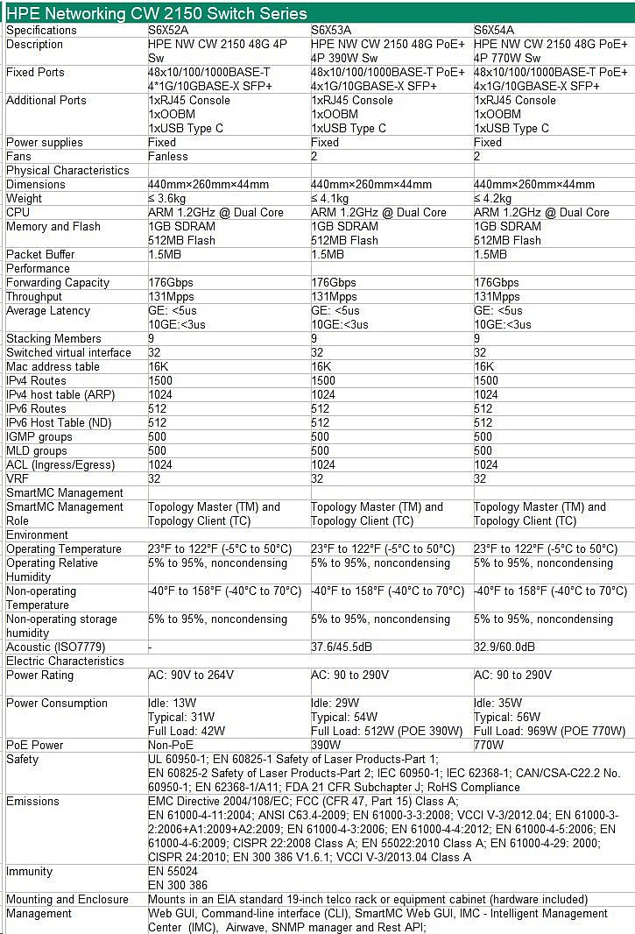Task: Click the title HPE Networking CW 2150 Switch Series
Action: tap(157, 12)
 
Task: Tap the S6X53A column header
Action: tap(335, 30)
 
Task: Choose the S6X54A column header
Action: tap(497, 30)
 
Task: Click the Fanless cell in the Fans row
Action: tap(168, 156)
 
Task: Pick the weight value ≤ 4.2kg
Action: tap(497, 198)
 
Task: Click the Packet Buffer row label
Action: tap(40, 254)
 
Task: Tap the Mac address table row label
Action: tap(53, 366)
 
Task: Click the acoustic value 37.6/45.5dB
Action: tap(347, 647)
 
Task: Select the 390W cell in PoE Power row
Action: tap(326, 745)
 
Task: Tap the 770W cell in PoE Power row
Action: tap(489, 745)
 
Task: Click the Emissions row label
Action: tap(32, 801)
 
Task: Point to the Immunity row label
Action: tap(29, 871)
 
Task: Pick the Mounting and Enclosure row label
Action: tap(67, 899)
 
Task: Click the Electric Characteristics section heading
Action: tap(65, 661)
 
